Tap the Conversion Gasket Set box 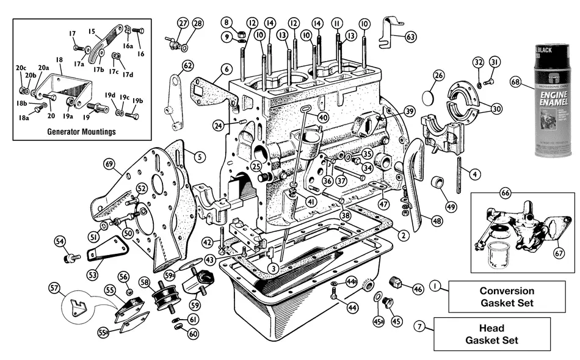point(506,297)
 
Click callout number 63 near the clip point(411,37)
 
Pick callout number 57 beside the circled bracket point(54,287)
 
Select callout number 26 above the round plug point(438,76)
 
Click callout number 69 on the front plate point(109,164)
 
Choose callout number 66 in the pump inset point(506,193)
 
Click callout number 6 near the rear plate point(226,69)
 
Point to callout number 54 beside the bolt point(60,241)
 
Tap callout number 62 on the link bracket point(187,65)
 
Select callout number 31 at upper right point(495,62)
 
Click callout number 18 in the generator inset point(59,61)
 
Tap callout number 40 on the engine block point(323,117)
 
